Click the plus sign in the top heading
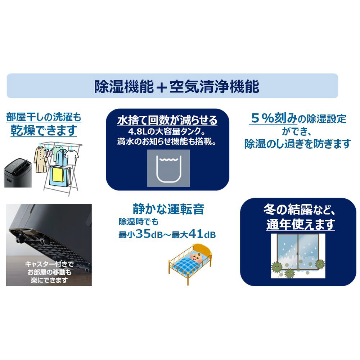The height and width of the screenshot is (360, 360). (162, 87)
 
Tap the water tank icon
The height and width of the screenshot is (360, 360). (168, 168)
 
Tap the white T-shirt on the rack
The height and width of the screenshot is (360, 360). (72, 158)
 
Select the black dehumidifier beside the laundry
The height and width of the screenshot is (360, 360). (18, 172)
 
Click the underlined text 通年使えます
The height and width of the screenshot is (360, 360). (300, 224)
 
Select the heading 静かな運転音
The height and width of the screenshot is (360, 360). (168, 209)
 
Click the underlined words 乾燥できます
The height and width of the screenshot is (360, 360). (44, 130)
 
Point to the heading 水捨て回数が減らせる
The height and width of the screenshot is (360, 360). (167, 120)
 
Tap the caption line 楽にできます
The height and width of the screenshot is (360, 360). (49, 280)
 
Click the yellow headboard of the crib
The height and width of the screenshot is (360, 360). (202, 250)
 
